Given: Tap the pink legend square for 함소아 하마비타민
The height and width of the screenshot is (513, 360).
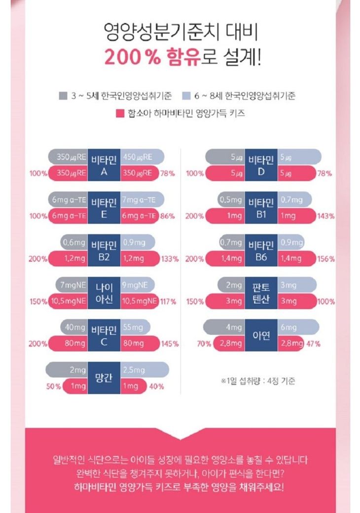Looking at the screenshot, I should [x=119, y=113].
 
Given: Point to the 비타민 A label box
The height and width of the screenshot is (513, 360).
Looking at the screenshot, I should [x=104, y=165].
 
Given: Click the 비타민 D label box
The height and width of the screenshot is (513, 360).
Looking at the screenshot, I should [x=261, y=165].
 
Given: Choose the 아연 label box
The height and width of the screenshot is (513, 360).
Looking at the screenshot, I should [x=261, y=335].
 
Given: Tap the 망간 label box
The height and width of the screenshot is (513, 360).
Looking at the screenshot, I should [x=104, y=378].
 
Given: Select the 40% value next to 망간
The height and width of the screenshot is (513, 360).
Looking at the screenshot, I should [x=156, y=386].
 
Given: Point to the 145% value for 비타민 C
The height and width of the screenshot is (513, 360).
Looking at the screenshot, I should [x=170, y=344].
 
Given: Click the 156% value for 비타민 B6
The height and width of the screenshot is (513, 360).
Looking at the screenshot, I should [x=326, y=258].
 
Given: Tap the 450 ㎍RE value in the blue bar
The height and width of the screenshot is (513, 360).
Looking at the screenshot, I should [x=138, y=157].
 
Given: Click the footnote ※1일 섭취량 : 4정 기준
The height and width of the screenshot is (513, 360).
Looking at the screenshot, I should [x=258, y=381].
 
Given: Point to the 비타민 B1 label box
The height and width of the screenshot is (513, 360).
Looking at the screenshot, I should [x=261, y=208].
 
